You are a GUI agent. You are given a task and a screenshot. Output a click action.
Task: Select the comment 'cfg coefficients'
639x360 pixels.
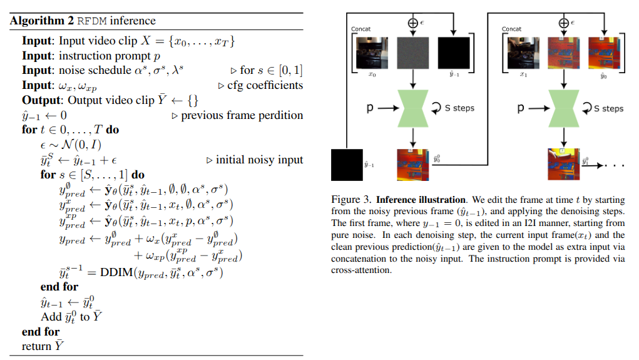coord(265,85)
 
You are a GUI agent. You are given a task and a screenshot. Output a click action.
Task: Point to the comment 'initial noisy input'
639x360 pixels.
coord(259,160)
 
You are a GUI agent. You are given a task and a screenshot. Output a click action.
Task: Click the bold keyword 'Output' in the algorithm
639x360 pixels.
coord(41,100)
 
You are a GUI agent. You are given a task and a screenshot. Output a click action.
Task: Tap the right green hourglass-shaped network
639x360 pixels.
coord(563,108)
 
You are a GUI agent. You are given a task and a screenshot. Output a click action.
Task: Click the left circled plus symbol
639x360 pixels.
coord(412,23)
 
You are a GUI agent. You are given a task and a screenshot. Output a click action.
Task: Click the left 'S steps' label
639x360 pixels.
coord(459,108)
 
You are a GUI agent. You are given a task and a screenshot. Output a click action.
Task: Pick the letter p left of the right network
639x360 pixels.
coord(521,108)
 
